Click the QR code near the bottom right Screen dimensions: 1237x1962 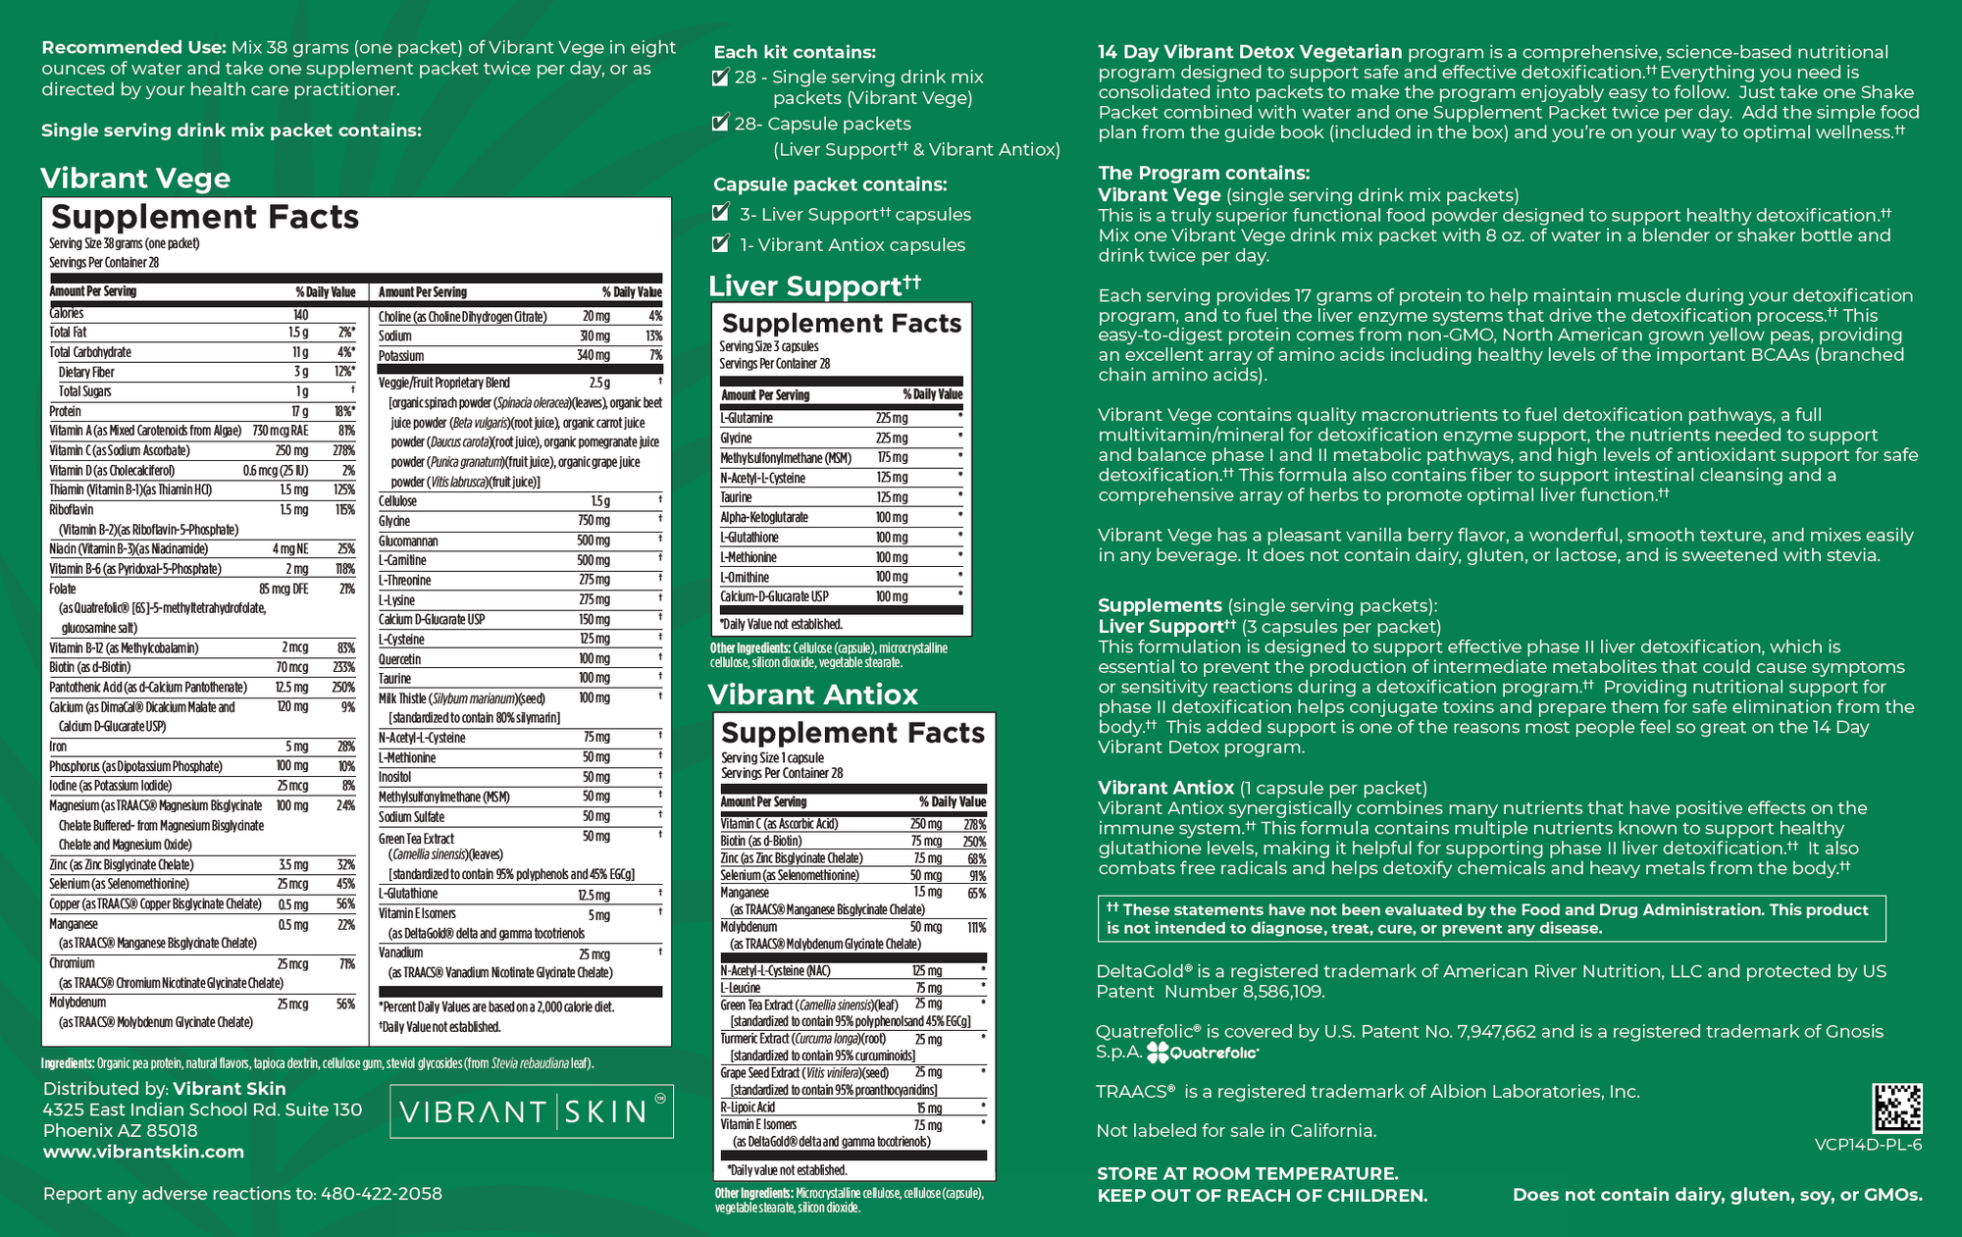click(x=1897, y=1108)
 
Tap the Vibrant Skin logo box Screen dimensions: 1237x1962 click(x=532, y=1111)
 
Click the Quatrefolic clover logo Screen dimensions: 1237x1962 click(x=1158, y=1053)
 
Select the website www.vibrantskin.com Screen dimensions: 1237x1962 click(x=143, y=1152)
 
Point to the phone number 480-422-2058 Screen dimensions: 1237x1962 click(x=382, y=1194)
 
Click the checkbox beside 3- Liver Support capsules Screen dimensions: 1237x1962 click(x=721, y=213)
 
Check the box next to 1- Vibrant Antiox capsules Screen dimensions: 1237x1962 click(x=721, y=243)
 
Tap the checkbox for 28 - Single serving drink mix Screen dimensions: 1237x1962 click(x=721, y=77)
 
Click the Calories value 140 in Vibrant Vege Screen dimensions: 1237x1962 click(x=300, y=314)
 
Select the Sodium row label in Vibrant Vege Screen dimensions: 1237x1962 click(x=395, y=336)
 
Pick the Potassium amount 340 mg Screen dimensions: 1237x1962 click(x=594, y=356)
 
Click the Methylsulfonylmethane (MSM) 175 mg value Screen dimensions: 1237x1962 click(x=892, y=458)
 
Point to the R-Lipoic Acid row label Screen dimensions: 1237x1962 click(x=748, y=1108)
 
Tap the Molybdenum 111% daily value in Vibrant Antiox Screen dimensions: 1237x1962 click(x=976, y=927)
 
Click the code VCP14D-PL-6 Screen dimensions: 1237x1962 click(x=1868, y=1145)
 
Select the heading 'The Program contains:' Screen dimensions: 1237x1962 click(x=1204, y=174)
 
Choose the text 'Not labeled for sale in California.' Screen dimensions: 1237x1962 click(x=1236, y=1131)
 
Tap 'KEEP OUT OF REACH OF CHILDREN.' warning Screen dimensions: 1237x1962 click(x=1262, y=1196)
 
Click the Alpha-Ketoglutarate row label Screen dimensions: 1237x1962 click(x=764, y=518)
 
